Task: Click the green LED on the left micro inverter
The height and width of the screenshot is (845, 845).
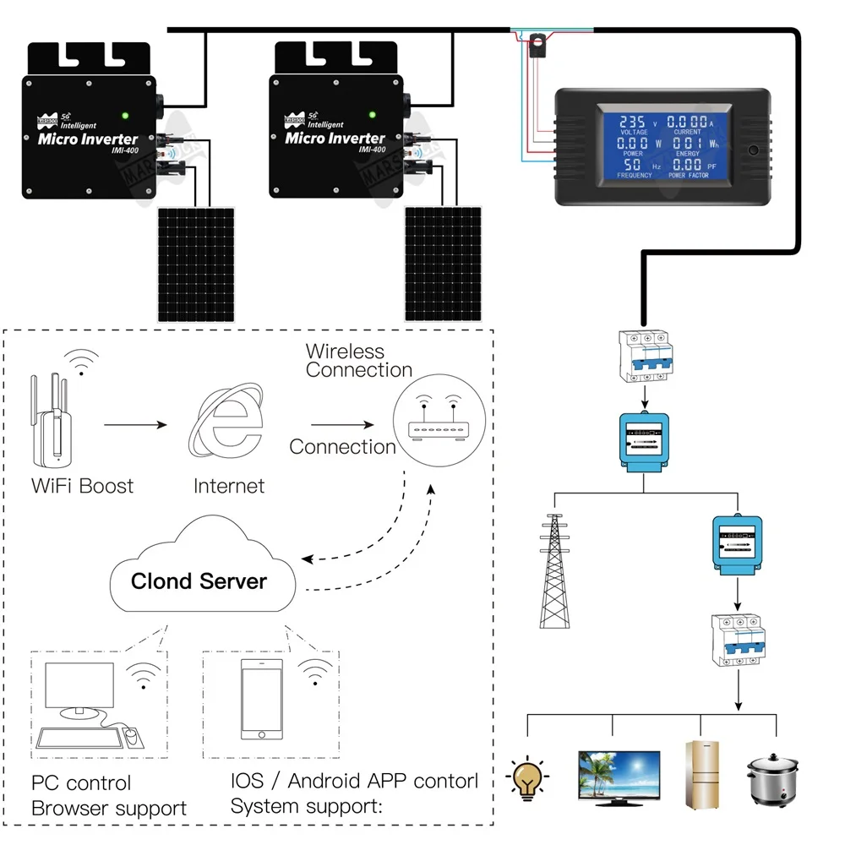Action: (x=125, y=116)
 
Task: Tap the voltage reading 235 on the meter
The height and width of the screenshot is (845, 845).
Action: (x=632, y=123)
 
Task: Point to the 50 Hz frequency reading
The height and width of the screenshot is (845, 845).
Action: (x=632, y=166)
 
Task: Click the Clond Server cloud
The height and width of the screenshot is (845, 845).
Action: (x=199, y=571)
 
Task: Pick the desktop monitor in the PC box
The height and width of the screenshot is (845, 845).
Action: (x=78, y=690)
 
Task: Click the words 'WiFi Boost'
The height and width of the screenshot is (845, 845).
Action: (x=82, y=486)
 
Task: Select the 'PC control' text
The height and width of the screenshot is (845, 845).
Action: (x=81, y=783)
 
